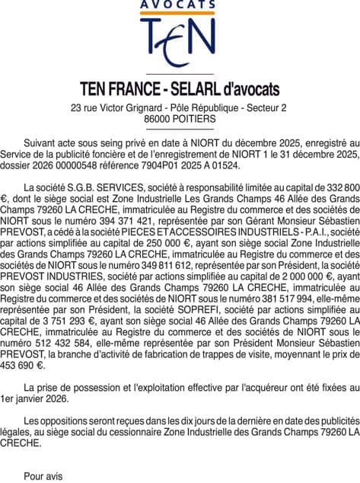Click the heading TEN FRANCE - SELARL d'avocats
pyautogui.click(x=180, y=89)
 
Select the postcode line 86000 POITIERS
pyautogui.click(x=180, y=120)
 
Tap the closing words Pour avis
pyautogui.click(x=45, y=476)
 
